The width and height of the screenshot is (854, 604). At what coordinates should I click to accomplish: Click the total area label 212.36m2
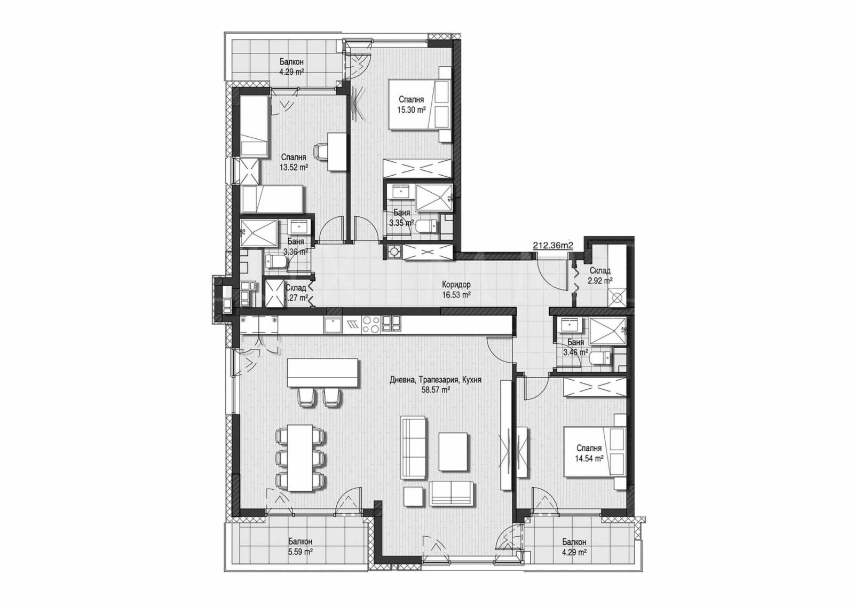point(553,246)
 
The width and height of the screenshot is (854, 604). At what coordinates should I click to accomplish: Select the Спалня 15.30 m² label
point(410,105)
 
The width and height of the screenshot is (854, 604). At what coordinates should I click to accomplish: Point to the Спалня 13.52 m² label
point(293,162)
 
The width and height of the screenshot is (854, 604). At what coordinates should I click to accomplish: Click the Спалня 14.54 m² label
point(589,453)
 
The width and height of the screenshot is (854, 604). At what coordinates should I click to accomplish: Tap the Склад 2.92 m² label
point(599,275)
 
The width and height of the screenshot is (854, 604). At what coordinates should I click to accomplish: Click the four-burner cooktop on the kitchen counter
point(371,324)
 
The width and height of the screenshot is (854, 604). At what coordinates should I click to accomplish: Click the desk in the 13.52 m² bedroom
point(336,152)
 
